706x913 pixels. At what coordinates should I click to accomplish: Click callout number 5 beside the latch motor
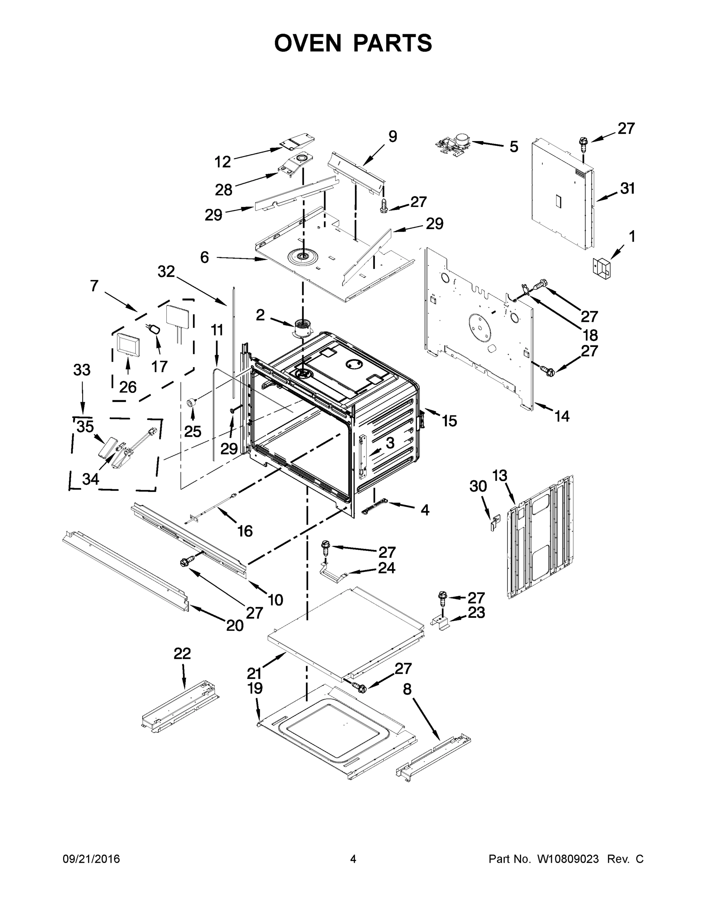tap(513, 147)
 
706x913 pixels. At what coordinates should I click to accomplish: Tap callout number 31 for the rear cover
tap(627, 189)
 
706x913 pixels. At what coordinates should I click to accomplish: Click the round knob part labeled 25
tap(191, 402)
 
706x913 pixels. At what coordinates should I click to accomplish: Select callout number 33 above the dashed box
tap(81, 370)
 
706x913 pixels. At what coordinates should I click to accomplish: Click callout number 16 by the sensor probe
tap(245, 531)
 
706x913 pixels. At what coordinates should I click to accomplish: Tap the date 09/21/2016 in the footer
tap(91, 859)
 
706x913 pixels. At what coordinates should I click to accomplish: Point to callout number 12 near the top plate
tap(223, 162)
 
